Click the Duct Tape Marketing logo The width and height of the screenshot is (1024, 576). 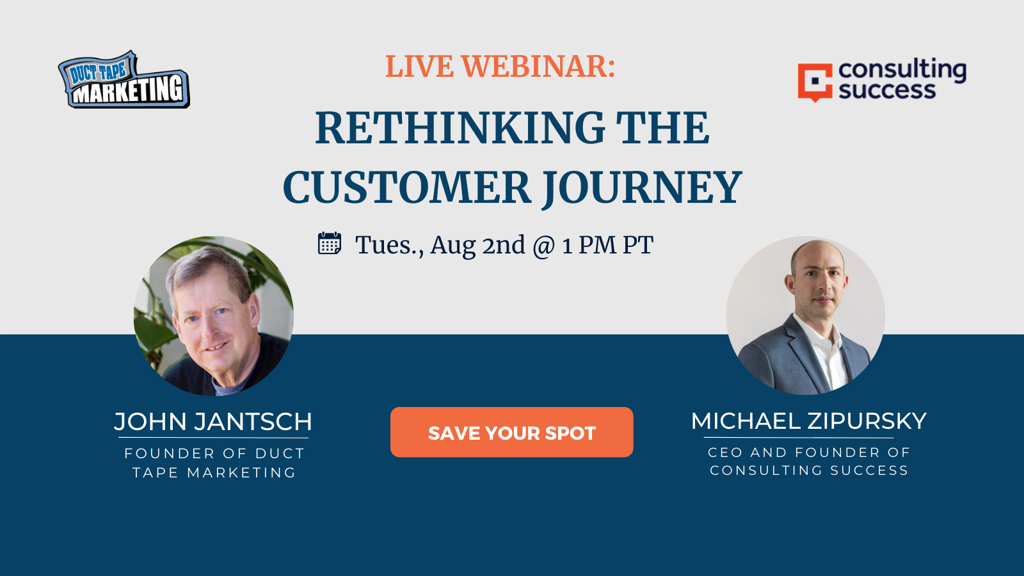[124, 79]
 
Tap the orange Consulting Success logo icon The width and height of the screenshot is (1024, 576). [815, 83]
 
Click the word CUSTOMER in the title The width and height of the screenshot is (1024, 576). [406, 187]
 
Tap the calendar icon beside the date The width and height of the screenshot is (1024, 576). [330, 243]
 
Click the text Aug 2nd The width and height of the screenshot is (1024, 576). [477, 246]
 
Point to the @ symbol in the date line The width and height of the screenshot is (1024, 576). [544, 246]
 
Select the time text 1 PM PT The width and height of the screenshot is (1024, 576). [608, 245]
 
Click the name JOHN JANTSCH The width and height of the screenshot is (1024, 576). [213, 422]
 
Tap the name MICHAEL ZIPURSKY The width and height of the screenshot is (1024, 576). [809, 421]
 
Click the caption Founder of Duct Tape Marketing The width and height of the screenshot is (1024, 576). [214, 463]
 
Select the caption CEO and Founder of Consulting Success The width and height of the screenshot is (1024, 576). [809, 461]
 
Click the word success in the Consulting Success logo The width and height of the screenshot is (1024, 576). [887, 90]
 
